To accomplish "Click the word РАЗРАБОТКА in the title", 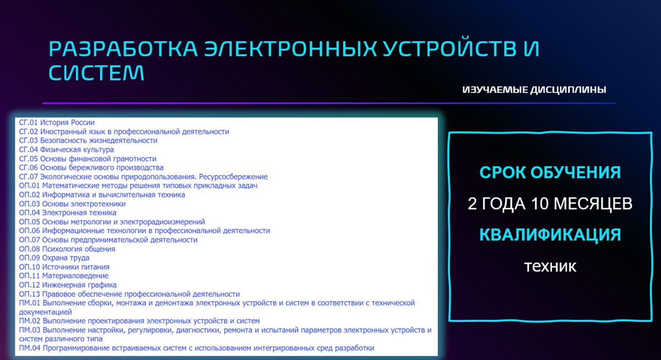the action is [123, 48].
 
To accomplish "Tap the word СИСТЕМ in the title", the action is [96, 73].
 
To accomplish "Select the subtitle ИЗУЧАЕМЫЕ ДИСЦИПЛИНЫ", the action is [534, 90].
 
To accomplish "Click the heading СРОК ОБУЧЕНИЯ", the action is [550, 172].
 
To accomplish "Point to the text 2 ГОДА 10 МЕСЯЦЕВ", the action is [550, 204].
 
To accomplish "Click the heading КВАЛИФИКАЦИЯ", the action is [550, 234].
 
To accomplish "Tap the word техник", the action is [550, 266].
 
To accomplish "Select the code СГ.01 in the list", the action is [28, 122].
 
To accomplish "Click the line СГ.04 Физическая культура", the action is [67, 150].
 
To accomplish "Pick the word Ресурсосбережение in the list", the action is [233, 177].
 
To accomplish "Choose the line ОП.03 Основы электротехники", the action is [72, 204].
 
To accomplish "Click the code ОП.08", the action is [30, 249].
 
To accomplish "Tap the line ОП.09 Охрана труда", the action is [55, 258].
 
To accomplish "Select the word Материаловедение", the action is [75, 276].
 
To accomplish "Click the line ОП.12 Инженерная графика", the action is [68, 285].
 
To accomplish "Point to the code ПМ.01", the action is [30, 303].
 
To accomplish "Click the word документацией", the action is [45, 312].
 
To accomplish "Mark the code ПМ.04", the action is [30, 348].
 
